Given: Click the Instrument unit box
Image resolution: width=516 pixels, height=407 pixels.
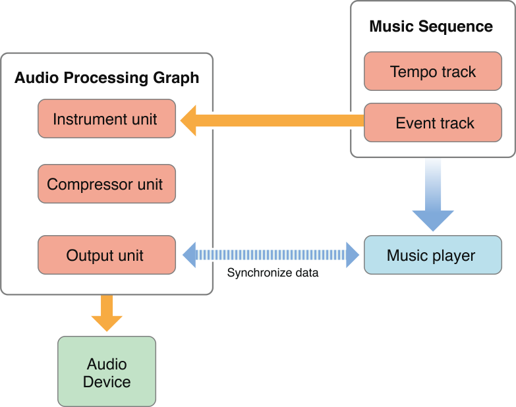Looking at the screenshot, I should (107, 119).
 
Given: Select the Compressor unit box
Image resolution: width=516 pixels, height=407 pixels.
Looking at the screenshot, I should (107, 184).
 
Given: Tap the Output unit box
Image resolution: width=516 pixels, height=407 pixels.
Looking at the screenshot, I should (107, 255).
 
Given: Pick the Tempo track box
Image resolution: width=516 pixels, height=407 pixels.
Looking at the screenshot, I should (432, 71).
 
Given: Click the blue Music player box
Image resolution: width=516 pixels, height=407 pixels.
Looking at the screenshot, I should (432, 255).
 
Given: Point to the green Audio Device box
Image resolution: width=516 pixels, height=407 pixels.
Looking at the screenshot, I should (107, 372).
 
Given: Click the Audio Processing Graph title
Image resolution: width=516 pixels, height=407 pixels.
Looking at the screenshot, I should (107, 78).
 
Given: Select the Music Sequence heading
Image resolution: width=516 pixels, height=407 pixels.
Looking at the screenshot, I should (431, 26).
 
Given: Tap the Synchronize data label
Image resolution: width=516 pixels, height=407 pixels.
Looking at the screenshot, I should (273, 273).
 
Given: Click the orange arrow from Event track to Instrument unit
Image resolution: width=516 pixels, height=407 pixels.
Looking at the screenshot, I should (277, 121).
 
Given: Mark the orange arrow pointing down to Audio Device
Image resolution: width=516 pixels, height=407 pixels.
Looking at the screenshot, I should (107, 312).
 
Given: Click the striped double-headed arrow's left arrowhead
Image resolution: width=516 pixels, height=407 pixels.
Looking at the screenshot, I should (190, 254).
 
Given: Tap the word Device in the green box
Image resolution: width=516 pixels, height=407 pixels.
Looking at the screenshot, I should (107, 382).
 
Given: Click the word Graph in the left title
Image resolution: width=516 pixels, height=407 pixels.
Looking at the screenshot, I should (177, 78).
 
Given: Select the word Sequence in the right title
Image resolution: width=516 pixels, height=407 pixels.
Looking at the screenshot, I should (458, 26).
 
